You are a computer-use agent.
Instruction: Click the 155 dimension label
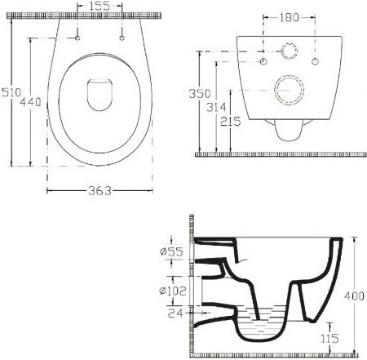(99, 6)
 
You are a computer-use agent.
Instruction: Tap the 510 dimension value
(11, 92)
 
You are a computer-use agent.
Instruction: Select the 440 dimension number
(31, 102)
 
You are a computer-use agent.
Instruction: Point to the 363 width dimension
(99, 191)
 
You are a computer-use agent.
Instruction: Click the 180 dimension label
(290, 18)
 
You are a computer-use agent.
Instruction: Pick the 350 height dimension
(200, 93)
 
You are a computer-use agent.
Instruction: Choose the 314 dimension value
(216, 107)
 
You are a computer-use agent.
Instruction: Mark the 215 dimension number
(231, 122)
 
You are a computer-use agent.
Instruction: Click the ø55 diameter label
(171, 251)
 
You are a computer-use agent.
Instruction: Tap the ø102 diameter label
(173, 291)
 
